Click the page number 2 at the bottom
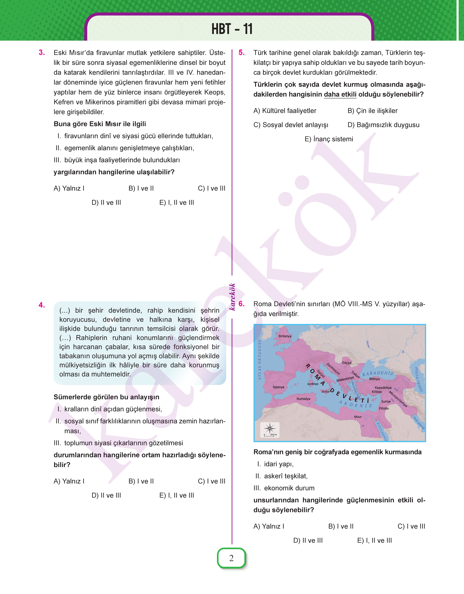click(231, 558)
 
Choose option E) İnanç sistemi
click(329, 139)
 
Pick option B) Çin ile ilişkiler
click(372, 111)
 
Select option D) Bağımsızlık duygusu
click(383, 125)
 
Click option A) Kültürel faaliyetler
click(285, 111)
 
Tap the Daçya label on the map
click(347, 363)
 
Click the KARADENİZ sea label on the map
click(378, 373)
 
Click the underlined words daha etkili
click(340, 94)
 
